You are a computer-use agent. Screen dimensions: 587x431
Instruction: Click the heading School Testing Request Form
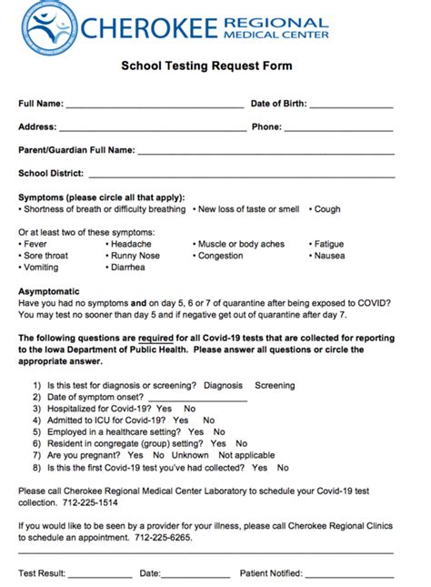click(207, 66)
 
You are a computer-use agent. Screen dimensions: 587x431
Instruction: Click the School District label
click(51, 173)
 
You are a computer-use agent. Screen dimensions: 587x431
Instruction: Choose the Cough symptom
click(327, 209)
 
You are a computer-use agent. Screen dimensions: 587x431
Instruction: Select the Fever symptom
click(35, 244)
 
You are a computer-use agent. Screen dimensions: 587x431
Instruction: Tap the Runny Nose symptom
click(135, 256)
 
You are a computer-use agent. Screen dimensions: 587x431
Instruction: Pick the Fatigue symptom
click(328, 244)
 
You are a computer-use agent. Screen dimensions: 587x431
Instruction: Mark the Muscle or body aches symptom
click(241, 244)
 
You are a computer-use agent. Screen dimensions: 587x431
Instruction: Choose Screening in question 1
click(275, 386)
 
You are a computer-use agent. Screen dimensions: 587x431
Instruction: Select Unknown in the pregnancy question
click(190, 455)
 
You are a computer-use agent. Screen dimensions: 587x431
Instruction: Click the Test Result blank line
click(99, 573)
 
